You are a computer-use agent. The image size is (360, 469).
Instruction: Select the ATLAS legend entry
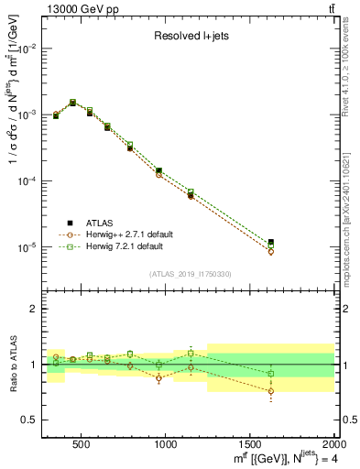(x=100, y=223)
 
